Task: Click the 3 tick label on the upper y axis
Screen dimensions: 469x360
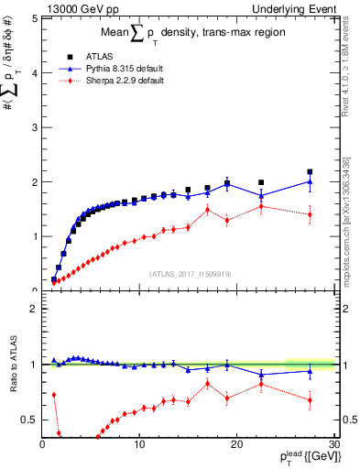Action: [x=33, y=127]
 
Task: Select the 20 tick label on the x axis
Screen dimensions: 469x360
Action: [x=236, y=444]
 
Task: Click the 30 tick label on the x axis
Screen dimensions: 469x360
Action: [x=333, y=444]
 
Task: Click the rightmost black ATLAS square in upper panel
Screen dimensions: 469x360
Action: [x=310, y=171]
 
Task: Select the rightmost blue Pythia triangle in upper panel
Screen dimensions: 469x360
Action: [x=310, y=181]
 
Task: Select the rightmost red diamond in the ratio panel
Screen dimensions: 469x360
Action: [x=310, y=399]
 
